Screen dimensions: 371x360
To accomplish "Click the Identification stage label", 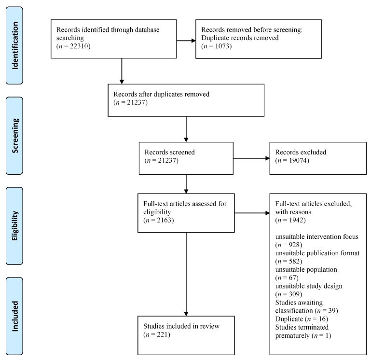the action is point(15,45).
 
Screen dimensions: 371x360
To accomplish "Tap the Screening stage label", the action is point(15,136).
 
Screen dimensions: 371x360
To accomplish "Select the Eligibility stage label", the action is point(15,226).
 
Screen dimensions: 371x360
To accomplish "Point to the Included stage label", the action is point(15,316).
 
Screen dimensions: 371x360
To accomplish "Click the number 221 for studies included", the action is point(162,334).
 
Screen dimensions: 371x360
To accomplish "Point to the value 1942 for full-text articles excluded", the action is point(296,220).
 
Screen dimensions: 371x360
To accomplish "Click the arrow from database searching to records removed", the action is point(186,41).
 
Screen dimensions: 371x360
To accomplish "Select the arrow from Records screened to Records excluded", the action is point(251,158).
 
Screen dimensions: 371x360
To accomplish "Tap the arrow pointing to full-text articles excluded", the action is point(252,213).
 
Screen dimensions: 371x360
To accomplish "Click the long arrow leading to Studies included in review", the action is point(186,274).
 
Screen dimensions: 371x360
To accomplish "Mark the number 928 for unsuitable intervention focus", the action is point(294,245).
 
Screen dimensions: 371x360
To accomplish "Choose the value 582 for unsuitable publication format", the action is point(294,261).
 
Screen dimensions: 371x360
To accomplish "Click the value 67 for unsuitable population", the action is point(292,277).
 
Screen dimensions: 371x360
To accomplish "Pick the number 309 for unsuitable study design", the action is point(294,294).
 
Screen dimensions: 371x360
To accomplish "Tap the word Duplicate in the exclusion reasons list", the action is point(289,319).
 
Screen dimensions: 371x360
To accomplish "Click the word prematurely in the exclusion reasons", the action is point(292,335).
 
